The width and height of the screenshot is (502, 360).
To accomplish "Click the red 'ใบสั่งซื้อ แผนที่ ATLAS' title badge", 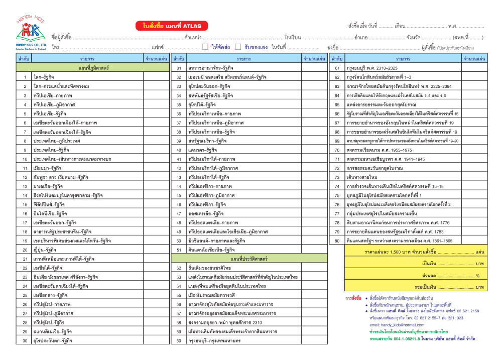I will coord(171,27).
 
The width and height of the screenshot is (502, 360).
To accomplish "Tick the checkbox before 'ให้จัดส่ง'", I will coord(205,47).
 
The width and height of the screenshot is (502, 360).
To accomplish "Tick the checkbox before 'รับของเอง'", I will coord(239,47).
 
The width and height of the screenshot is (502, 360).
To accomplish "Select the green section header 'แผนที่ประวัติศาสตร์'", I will coord(249,259).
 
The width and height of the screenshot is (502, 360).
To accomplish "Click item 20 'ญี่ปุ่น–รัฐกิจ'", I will coord(45,250).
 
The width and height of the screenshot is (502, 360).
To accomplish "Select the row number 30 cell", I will coord(25,341).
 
